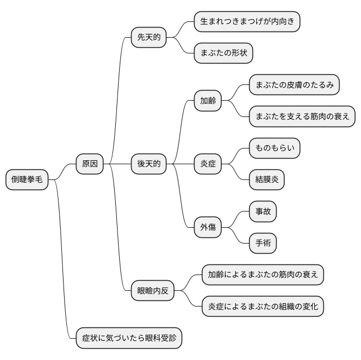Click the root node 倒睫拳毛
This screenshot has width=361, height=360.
[27, 180]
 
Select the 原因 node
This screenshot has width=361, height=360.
[90, 164]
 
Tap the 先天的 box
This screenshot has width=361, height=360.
[148, 38]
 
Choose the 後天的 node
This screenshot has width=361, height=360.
[148, 164]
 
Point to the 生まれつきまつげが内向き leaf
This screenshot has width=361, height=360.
[247, 22]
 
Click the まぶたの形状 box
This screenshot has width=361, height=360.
[223, 53]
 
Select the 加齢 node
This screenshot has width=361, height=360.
[207, 101]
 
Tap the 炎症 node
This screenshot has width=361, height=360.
[207, 164]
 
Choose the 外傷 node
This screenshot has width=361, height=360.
[207, 228]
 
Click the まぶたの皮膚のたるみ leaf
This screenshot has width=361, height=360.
[295, 85]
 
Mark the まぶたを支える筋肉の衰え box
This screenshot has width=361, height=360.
[303, 116]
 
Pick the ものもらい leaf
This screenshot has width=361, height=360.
[274, 148]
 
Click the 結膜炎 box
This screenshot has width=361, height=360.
[267, 180]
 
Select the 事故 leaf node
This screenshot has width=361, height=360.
[263, 211]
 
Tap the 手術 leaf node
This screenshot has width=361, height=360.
[263, 243]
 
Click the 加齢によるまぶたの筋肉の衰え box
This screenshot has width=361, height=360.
[263, 275]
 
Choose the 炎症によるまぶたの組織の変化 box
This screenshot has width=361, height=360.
[263, 307]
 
